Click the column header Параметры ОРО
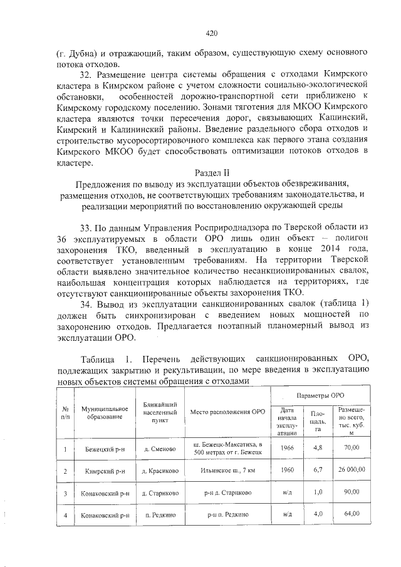click(x=320, y=396)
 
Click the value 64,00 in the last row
click(x=351, y=514)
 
